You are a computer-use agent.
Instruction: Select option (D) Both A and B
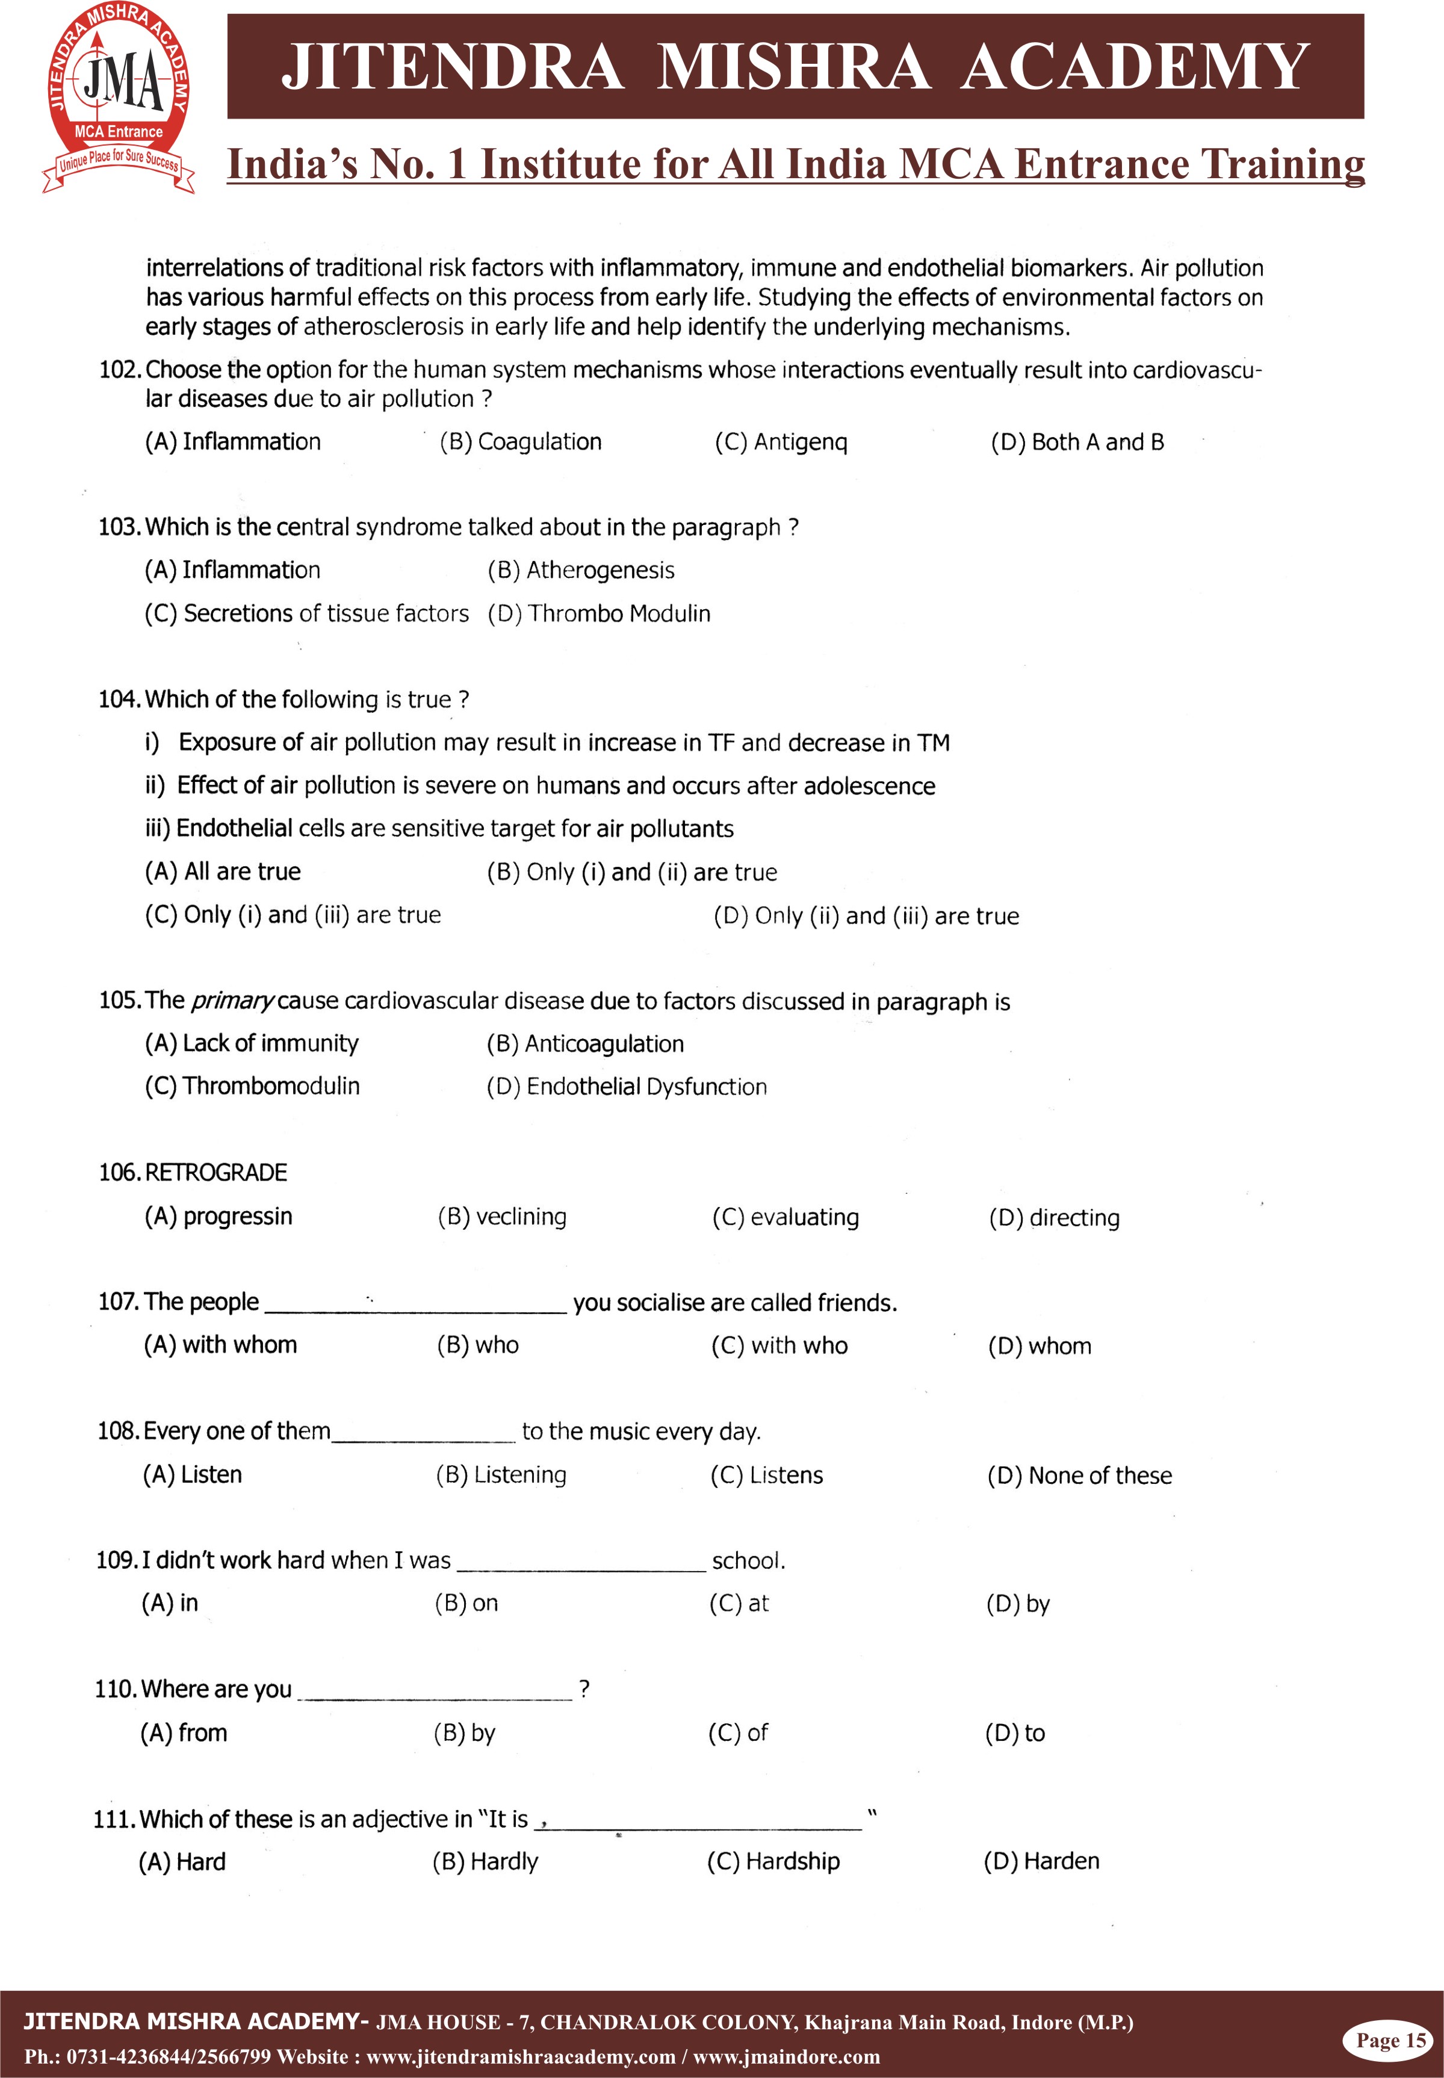[x=1077, y=442]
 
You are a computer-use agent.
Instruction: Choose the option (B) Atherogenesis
[x=581, y=570]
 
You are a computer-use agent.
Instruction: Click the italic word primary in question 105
[x=232, y=1000]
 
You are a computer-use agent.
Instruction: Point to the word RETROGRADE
[x=215, y=1173]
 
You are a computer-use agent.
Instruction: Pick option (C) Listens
[x=766, y=1475]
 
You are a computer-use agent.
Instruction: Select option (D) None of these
[x=1079, y=1475]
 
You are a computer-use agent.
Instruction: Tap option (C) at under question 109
[x=739, y=1604]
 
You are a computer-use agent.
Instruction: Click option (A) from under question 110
[x=184, y=1733]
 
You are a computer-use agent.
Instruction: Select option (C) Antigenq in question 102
[x=781, y=442]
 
